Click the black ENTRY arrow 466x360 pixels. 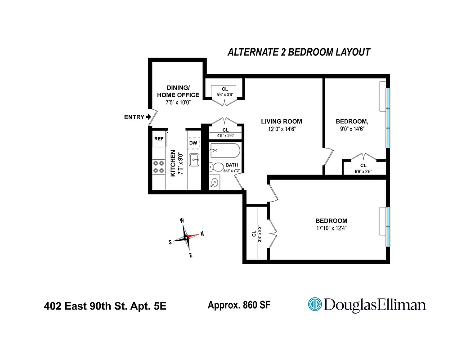coord(148,117)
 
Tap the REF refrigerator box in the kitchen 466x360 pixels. coord(159,139)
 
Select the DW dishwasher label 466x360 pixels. coord(193,143)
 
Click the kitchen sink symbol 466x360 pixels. coord(194,159)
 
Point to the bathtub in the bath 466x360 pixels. coord(225,150)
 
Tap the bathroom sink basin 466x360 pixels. coord(215,182)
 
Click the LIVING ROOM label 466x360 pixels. coord(282,121)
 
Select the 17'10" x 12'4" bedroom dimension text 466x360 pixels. coord(331,228)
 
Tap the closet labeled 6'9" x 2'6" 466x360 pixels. coord(363,168)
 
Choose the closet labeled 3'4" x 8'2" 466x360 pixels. coord(256,233)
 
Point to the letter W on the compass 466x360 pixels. coord(182,220)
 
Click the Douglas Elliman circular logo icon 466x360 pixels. coord(314,305)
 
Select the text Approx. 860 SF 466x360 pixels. coord(239,305)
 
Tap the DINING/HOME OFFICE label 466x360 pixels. coord(178,91)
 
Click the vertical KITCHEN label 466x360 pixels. coord(173,163)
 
